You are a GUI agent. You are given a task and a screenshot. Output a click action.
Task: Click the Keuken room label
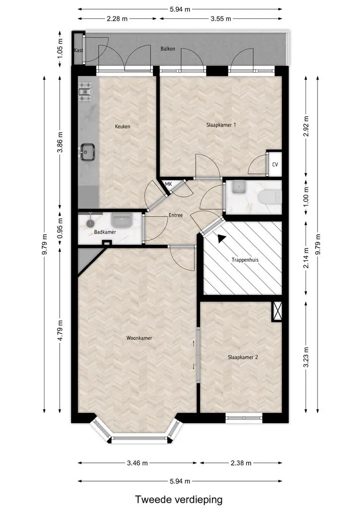tap(122, 127)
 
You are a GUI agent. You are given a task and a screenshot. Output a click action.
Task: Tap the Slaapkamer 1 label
tap(221, 125)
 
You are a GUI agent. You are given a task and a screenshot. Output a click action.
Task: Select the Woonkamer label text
tap(139, 338)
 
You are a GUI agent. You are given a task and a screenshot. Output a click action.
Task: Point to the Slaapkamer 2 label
tap(243, 357)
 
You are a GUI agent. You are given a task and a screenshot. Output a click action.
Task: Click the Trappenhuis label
tap(245, 260)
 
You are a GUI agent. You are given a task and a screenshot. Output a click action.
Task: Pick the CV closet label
tap(275, 165)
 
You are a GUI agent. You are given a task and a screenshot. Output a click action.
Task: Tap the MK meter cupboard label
tap(168, 184)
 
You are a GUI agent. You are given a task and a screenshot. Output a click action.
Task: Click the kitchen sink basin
tap(87, 152)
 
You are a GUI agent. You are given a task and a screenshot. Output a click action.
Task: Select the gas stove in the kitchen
tap(85, 91)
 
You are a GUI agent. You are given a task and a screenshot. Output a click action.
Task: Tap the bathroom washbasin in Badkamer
tap(121, 220)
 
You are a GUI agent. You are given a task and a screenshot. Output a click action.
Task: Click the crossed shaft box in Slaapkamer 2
tap(277, 311)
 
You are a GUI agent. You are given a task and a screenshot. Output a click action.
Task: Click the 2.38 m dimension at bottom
tap(241, 463)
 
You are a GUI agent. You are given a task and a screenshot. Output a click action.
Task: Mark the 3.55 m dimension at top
tap(221, 18)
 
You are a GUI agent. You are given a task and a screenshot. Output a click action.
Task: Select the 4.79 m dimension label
tap(60, 330)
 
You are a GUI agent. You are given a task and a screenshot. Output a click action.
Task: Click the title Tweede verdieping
tap(179, 500)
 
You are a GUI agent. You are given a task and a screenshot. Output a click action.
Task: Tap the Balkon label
tap(168, 49)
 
